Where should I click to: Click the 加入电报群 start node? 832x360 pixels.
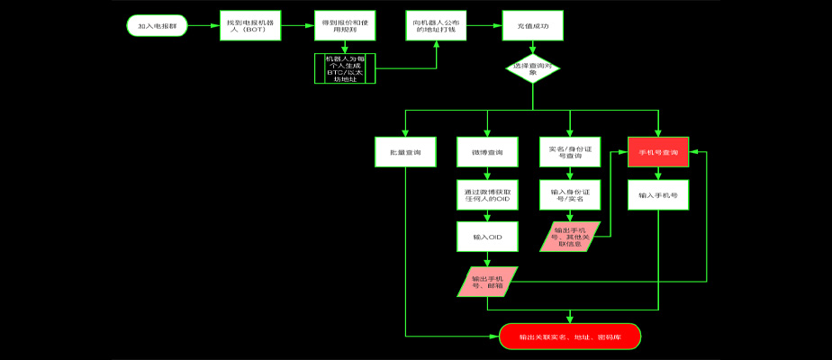point(158,27)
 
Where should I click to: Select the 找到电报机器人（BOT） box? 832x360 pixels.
point(251,27)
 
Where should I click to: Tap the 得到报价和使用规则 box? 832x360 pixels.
point(345,27)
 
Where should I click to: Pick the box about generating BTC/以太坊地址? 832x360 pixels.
point(345,68)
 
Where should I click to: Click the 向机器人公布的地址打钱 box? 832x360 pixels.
point(437,27)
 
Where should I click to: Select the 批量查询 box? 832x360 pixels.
point(405,152)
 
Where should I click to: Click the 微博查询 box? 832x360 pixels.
point(487,152)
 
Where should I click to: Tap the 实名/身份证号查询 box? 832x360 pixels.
point(568,152)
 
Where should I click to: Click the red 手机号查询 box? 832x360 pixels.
point(658,152)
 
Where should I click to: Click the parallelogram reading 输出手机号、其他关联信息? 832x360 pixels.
point(569,237)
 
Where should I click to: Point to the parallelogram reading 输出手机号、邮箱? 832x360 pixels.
point(488,281)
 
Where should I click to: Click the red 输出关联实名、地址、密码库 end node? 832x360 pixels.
point(569,337)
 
